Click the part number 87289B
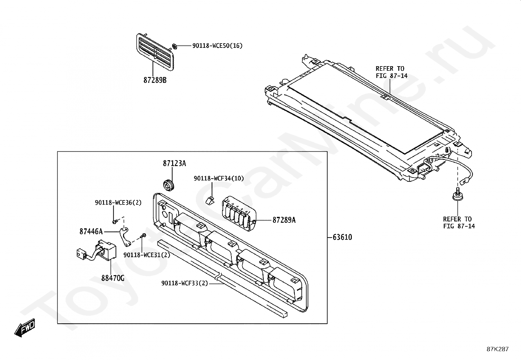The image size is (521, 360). (155, 80)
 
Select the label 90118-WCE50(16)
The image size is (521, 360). (217, 46)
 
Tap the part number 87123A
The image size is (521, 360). (174, 163)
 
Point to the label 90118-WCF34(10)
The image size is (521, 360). (219, 179)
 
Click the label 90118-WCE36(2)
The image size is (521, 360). (118, 203)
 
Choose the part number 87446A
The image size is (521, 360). (91, 232)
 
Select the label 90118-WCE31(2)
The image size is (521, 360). (147, 255)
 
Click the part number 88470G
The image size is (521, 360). (113, 278)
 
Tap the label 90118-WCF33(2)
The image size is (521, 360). (185, 283)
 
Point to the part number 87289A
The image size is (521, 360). (284, 220)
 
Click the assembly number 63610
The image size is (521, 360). (342, 237)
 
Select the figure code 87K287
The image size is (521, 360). (497, 349)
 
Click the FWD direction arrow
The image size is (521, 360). (25, 328)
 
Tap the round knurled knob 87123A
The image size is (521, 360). (169, 185)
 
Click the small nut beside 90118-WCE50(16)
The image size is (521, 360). (174, 46)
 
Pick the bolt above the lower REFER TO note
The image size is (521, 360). (457, 195)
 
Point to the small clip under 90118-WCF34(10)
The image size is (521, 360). (209, 200)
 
